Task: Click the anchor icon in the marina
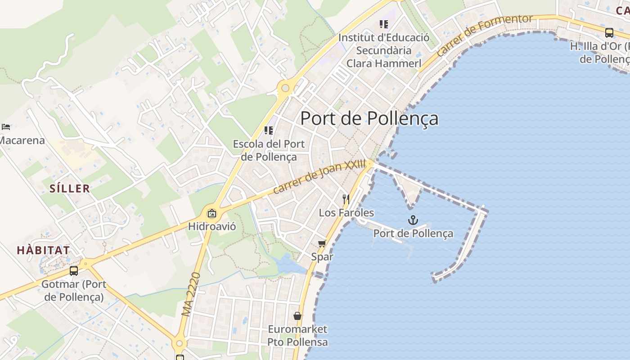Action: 413,220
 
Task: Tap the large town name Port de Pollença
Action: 369,118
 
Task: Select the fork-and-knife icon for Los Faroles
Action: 346,199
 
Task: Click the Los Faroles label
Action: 346,212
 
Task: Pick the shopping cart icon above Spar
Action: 322,244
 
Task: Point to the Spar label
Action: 322,256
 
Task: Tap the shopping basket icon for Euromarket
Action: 297,316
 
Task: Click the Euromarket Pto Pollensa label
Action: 297,335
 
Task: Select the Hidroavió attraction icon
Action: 212,213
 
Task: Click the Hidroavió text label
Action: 212,226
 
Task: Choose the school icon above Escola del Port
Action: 269,130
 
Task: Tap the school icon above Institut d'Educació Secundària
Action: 383,24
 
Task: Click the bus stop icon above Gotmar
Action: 74,271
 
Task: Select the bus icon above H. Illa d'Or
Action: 609,32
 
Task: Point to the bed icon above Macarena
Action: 6,127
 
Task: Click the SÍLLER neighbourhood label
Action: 70,188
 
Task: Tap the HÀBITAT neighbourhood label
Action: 43,250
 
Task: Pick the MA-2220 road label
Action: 191,294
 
